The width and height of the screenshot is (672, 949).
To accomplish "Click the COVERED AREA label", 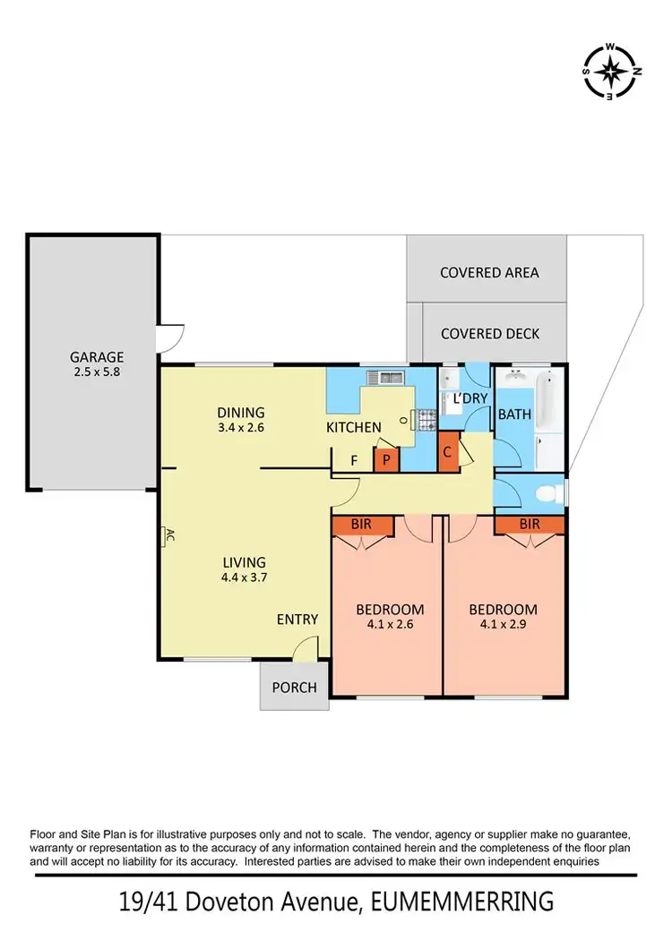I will tap(489, 272).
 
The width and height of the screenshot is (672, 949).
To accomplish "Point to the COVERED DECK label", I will tap(490, 333).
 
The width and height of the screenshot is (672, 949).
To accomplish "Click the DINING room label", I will tap(241, 412).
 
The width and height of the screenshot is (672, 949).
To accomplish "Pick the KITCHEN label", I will tap(353, 427).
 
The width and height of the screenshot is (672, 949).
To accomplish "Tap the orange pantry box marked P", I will tap(386, 459).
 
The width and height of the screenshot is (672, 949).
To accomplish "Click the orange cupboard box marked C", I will tap(447, 452).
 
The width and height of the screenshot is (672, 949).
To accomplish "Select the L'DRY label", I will tap(469, 399).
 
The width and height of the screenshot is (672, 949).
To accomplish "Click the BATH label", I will tap(514, 415).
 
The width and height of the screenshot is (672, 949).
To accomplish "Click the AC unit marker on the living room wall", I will tap(168, 537).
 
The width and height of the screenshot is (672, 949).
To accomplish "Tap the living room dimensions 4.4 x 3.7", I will tap(246, 577).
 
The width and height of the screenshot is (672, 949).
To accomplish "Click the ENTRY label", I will tap(297, 619).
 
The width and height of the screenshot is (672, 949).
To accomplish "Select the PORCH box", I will tap(294, 687).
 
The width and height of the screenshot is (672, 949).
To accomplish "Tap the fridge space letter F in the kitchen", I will tap(354, 460).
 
